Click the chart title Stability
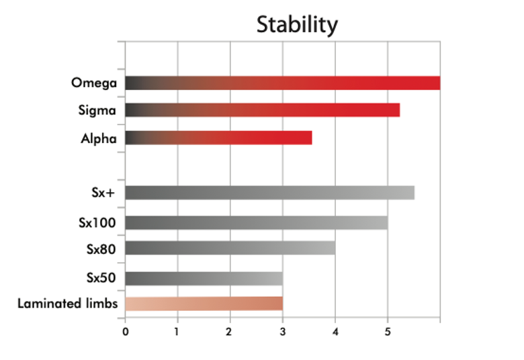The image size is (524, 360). point(297,25)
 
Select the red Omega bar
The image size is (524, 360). point(282,83)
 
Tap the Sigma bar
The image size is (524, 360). point(262,110)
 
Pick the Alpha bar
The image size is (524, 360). point(218,138)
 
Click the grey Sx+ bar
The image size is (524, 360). point(269,193)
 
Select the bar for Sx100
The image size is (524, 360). point(256,222)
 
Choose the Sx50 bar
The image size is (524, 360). point(204,278)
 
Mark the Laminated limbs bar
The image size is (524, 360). point(204,304)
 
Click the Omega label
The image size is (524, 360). point(95,83)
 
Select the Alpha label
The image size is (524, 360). point(99,138)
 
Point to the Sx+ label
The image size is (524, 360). point(105,193)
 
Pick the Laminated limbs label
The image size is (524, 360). point(68,304)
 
